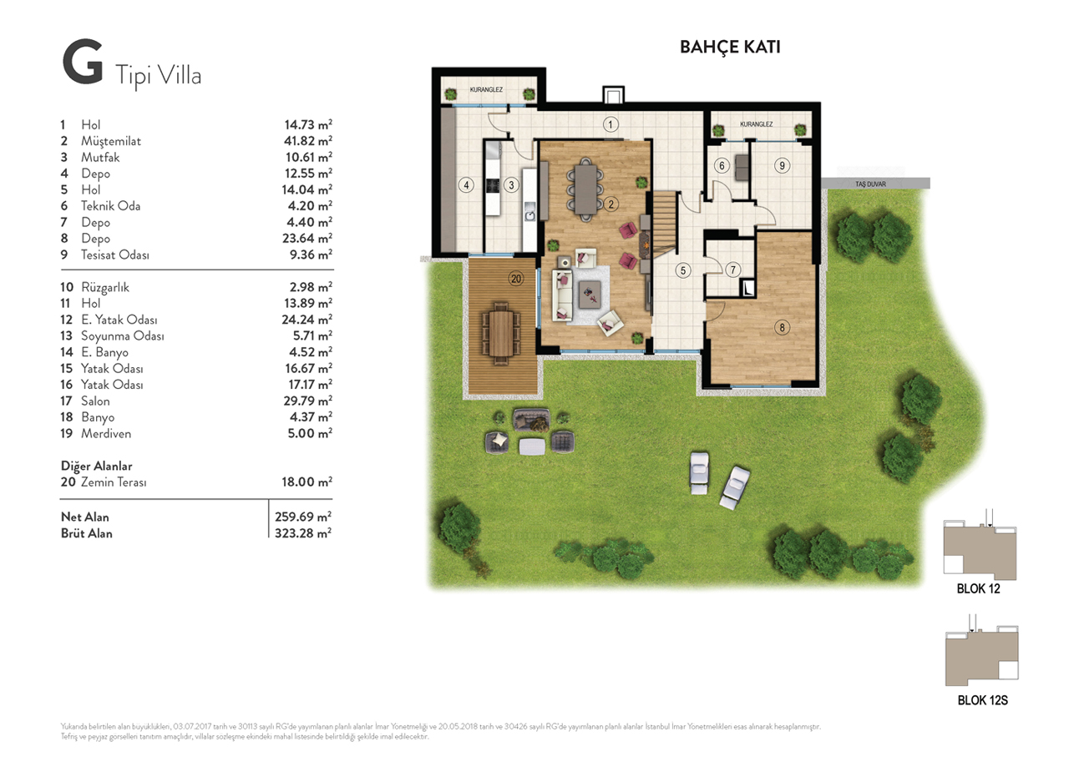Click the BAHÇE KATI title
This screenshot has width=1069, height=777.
click(x=730, y=48)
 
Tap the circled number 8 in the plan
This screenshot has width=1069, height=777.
click(x=782, y=328)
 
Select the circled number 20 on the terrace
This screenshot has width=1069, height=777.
click(x=516, y=279)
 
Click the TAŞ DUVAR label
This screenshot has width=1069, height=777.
click(x=870, y=184)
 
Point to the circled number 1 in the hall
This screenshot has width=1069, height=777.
click(x=610, y=125)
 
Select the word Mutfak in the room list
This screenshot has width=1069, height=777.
click(x=100, y=158)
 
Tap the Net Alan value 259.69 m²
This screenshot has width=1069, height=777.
click(x=303, y=517)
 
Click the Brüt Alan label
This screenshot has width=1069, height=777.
click(x=86, y=533)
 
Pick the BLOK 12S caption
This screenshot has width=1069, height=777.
click(x=982, y=700)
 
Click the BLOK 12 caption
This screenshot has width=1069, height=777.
click(x=978, y=588)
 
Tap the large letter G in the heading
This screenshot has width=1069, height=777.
click(x=83, y=62)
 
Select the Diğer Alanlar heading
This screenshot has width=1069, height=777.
click(x=96, y=466)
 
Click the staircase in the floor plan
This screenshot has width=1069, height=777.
click(x=665, y=225)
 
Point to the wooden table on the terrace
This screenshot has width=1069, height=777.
click(x=501, y=333)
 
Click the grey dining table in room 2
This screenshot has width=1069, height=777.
click(x=585, y=189)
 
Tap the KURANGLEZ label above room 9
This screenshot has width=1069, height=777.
click(x=756, y=124)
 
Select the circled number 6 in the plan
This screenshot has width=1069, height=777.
click(x=722, y=166)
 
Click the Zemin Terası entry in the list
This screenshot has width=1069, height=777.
click(x=114, y=482)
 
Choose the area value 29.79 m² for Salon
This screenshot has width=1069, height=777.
click(x=308, y=401)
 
